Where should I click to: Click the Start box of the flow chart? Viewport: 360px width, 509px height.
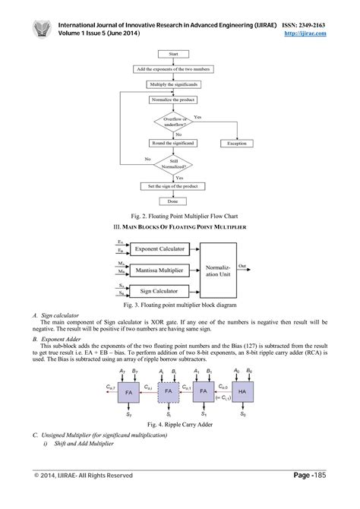coord(173,55)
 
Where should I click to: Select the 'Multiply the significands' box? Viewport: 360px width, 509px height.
coord(173,84)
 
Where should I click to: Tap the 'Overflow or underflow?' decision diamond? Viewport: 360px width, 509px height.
coord(173,121)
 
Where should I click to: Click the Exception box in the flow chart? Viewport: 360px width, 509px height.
coord(238,143)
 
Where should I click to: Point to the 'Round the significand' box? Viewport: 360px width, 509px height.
coord(173,143)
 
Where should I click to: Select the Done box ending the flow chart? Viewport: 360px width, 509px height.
coord(173,201)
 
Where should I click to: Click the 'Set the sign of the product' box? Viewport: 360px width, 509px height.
coord(173,186)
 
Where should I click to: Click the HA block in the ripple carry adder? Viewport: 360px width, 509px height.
coord(242,392)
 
